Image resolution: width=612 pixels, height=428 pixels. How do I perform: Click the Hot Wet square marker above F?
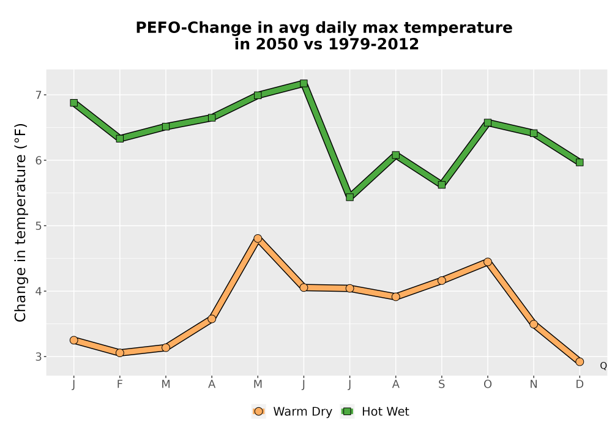pyautogui.click(x=120, y=138)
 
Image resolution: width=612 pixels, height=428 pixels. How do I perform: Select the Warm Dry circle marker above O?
pyautogui.click(x=488, y=262)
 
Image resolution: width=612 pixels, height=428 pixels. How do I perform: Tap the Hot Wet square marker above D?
pyautogui.click(x=580, y=162)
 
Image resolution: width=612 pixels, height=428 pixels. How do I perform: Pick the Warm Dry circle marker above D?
pyautogui.click(x=580, y=362)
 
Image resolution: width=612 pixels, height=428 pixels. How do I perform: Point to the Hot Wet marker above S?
pyautogui.click(x=441, y=185)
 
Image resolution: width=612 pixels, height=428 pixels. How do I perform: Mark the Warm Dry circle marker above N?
pyautogui.click(x=534, y=324)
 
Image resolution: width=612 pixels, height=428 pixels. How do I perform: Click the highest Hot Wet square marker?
pyautogui.click(x=304, y=83)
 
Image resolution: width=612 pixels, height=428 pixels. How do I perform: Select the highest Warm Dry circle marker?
pyautogui.click(x=258, y=238)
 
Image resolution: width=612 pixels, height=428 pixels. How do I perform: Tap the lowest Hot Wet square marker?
pyautogui.click(x=349, y=197)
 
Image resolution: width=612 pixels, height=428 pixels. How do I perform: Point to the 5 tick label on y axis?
pyautogui.click(x=38, y=226)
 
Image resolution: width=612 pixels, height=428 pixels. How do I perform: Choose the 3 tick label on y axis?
pyautogui.click(x=38, y=356)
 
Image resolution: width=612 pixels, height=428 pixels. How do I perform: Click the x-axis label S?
pyautogui.click(x=441, y=385)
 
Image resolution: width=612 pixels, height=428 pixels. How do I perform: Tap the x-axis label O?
pyautogui.click(x=488, y=385)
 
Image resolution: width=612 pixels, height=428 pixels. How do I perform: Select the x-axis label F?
pyautogui.click(x=120, y=385)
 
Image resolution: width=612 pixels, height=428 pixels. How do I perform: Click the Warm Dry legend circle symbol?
pyautogui.click(x=258, y=411)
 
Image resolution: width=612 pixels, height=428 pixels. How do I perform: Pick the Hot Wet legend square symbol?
pyautogui.click(x=347, y=411)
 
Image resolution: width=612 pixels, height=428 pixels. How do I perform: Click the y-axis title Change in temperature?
pyautogui.click(x=20, y=223)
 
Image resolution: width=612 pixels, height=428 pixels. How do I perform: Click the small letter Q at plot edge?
pyautogui.click(x=603, y=366)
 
